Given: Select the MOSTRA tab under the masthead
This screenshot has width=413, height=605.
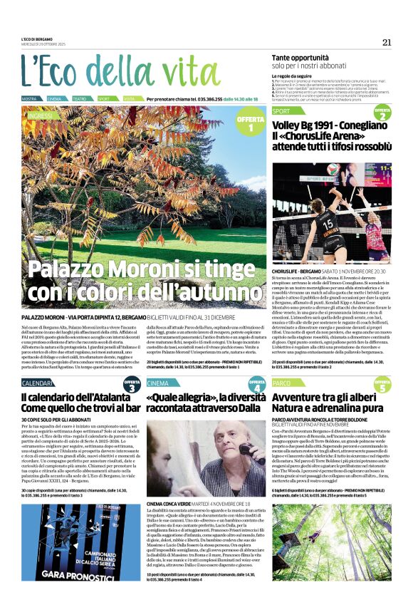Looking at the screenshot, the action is (30, 98).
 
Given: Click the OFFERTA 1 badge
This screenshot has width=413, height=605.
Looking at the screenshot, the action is (250, 125).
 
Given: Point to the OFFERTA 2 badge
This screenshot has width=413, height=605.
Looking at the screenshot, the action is (382, 114).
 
